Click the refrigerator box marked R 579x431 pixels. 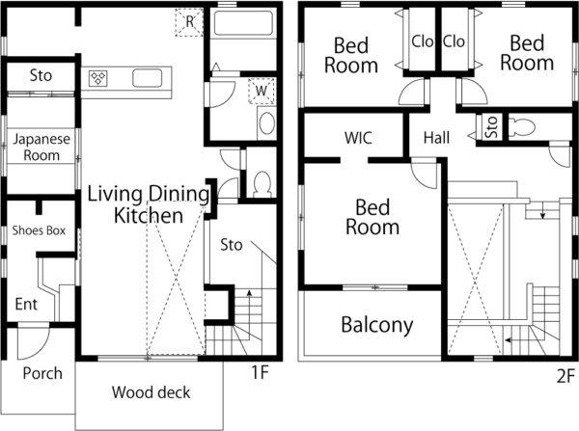[189, 22]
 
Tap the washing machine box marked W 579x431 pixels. [262, 91]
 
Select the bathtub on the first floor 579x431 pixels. [244, 23]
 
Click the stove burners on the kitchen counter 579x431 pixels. [98, 78]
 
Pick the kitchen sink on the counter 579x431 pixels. [147, 78]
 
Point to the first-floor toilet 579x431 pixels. [262, 184]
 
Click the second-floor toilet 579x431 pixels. [521, 127]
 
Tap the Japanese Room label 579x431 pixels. [41, 147]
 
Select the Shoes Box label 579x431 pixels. [39, 230]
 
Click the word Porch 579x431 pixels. [42, 373]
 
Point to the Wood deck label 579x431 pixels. [152, 392]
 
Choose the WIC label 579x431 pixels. [358, 138]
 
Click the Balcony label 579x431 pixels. [377, 325]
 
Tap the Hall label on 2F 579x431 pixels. [436, 138]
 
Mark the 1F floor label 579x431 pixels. [260, 372]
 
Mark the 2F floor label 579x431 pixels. [565, 376]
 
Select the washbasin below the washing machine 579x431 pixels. [266, 123]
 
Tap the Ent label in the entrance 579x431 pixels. [26, 305]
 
